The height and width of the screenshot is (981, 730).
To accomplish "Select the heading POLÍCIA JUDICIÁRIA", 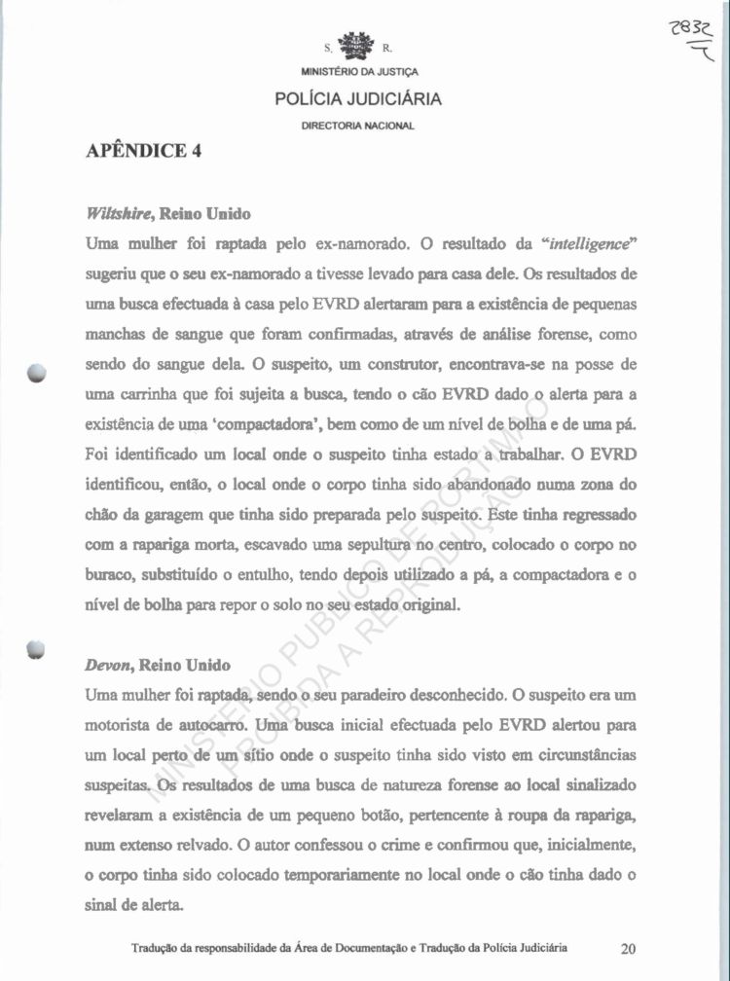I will (357, 98).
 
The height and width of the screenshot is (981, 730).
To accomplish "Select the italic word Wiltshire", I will (119, 213).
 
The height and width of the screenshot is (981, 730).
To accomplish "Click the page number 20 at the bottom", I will (628, 948).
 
